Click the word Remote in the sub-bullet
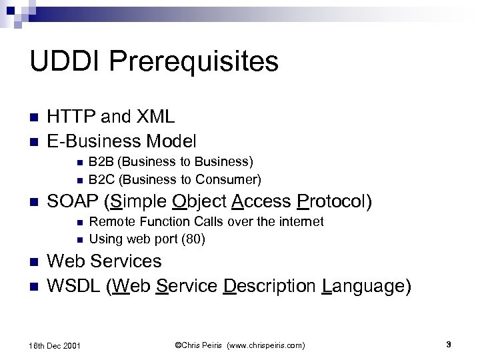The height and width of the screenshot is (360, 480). tap(109, 221)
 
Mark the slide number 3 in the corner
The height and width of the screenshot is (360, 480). tap(449, 344)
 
